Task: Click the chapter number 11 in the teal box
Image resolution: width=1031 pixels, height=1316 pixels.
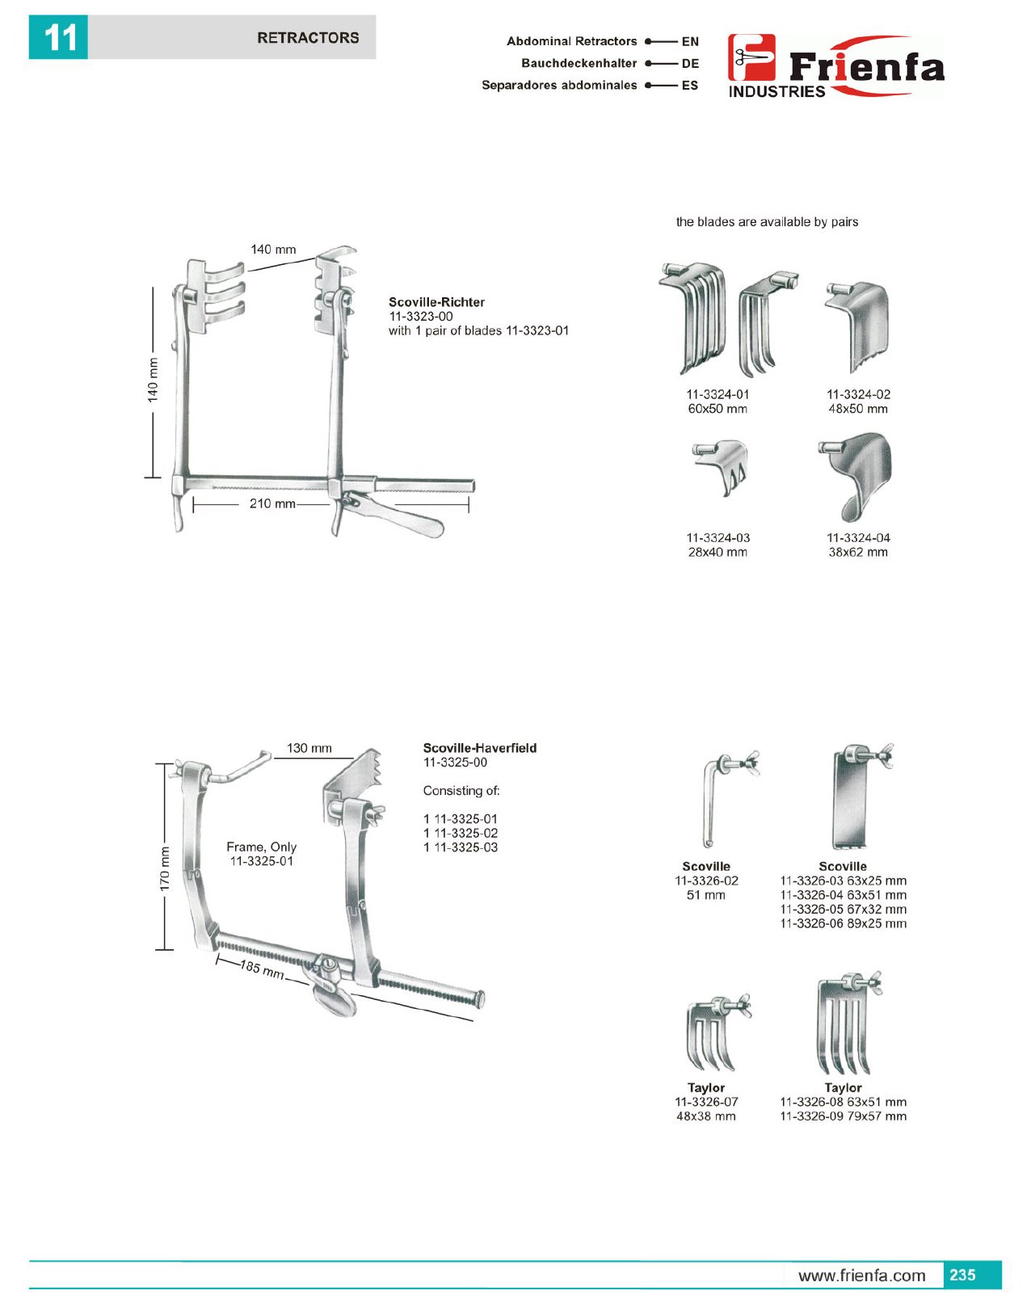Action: [58, 38]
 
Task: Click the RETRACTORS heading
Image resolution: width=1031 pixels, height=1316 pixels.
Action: [307, 38]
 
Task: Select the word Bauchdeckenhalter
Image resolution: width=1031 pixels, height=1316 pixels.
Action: [579, 63]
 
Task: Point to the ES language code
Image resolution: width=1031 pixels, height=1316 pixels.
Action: [689, 85]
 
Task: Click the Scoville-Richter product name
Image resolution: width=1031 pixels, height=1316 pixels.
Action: [436, 302]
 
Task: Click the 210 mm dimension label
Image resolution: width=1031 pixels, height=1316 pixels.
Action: [272, 503]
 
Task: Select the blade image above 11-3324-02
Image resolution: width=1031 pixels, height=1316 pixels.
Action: [856, 325]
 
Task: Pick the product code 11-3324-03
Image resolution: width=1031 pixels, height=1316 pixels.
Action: [717, 538]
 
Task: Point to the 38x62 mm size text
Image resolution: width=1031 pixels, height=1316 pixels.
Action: [857, 553]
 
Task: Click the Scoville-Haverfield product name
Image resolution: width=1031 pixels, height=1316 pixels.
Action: [479, 748]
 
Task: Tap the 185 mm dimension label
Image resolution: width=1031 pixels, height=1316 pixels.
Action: [262, 969]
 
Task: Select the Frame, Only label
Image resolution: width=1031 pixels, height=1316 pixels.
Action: [261, 847]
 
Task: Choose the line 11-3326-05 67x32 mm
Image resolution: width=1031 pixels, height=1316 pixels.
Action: [843, 909]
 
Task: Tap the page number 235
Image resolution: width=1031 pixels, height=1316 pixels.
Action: [962, 1275]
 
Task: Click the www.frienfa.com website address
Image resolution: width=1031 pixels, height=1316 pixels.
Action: [861, 1276]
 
